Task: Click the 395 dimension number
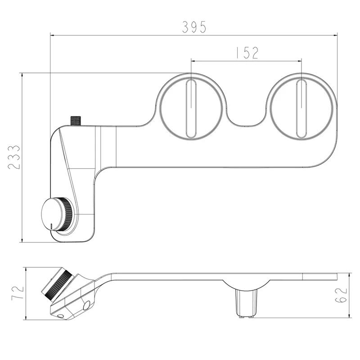point(194,27)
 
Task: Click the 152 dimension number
point(246,53)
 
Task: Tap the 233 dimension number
point(14,157)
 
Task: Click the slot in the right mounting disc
point(301,108)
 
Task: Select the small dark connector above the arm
point(76,120)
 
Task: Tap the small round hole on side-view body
point(86,306)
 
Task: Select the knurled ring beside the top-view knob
point(67,214)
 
